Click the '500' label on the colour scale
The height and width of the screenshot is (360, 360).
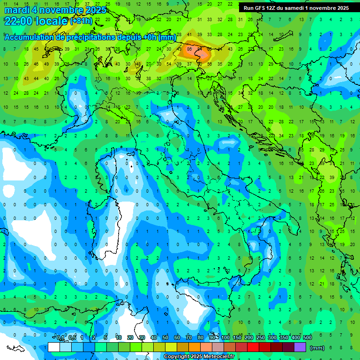pyautogui.click(x=307, y=337)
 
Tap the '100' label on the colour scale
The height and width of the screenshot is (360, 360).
pyautogui.click(x=225, y=337)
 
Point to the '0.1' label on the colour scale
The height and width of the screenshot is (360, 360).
pyautogui.click(x=60, y=337)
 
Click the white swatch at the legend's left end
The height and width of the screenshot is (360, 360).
pyautogui.click(x=54, y=347)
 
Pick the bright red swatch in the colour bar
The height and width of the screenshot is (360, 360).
pyautogui.click(x=253, y=347)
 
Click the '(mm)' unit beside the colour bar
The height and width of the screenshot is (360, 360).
pyautogui.click(x=317, y=348)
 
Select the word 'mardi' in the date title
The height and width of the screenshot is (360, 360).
pyautogui.click(x=17, y=10)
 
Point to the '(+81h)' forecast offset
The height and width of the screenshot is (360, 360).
pyautogui.click(x=81, y=21)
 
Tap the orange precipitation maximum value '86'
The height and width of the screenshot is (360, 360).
pyautogui.click(x=189, y=49)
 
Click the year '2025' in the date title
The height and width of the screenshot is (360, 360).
pyautogui.click(x=93, y=10)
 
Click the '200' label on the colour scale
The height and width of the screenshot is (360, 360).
pyautogui.click(x=249, y=337)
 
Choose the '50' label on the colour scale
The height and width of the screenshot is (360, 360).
pyautogui.click(x=165, y=337)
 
